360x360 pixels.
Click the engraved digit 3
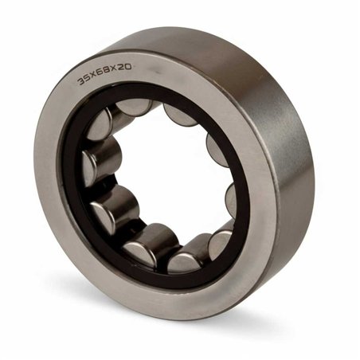click(80, 81)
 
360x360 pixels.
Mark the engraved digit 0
click(128, 66)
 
